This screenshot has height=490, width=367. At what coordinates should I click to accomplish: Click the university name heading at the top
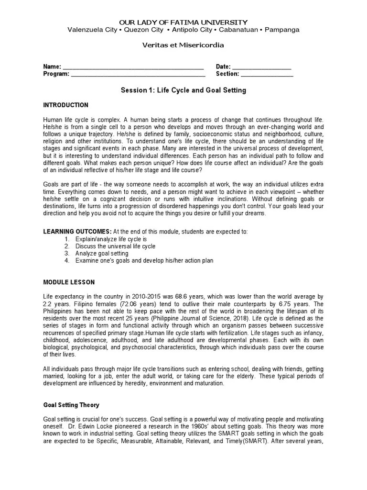point(183,22)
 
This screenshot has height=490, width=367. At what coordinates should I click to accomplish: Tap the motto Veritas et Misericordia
point(183,45)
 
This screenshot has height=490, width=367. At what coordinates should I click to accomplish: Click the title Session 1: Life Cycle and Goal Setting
point(183,90)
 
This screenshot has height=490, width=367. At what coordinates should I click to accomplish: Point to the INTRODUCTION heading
point(66,105)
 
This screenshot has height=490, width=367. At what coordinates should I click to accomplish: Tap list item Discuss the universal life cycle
point(115,246)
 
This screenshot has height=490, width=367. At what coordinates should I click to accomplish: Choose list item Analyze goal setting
point(102,254)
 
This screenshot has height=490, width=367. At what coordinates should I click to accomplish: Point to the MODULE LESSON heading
point(69,282)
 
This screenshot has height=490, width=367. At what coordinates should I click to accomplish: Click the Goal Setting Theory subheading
point(71,405)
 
